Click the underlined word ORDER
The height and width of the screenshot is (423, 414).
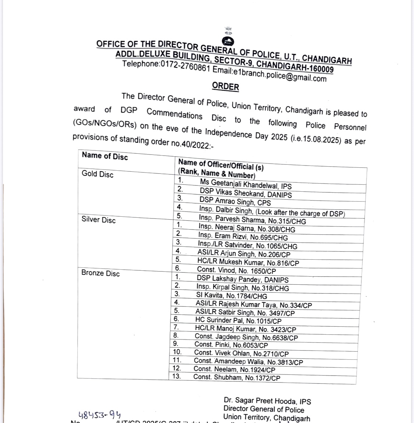point(225,87)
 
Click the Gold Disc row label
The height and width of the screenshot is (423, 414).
point(98,174)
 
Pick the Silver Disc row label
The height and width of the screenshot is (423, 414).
point(99,220)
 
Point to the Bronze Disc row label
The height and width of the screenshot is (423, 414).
point(100,273)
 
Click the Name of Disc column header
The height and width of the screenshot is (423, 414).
point(105,156)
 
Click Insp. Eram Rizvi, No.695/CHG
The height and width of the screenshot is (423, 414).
point(243,237)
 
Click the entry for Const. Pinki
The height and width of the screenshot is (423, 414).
point(231,345)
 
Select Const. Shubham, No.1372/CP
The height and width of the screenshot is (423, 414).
point(237,377)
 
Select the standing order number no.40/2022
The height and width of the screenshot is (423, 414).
point(192,142)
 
